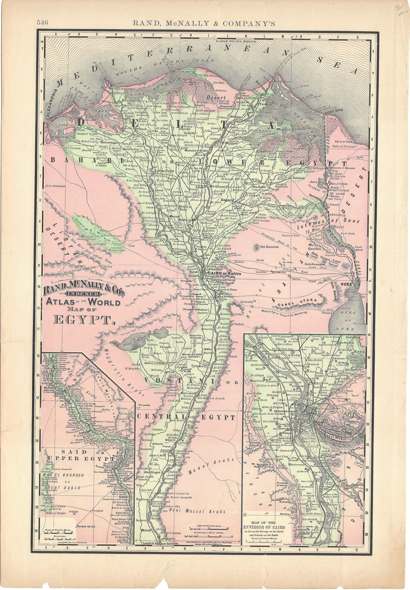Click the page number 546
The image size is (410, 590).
pos(42,23)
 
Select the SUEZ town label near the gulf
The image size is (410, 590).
pos(347,283)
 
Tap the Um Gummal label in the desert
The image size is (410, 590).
pos(270,247)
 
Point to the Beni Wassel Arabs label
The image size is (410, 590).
pos(197,511)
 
